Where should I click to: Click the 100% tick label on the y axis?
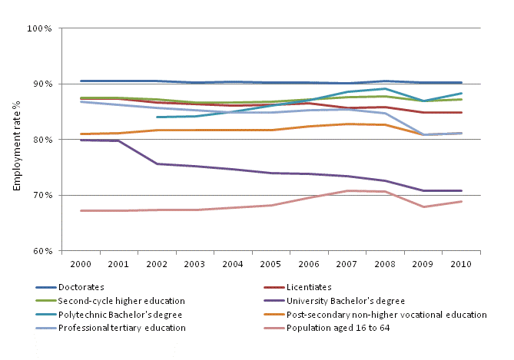click(x=38, y=28)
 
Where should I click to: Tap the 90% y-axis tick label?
click(x=41, y=84)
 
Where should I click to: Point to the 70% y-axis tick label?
click(x=41, y=195)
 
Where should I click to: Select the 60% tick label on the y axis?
click(x=41, y=251)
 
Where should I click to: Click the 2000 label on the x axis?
click(x=81, y=263)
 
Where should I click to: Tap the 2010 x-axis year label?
click(x=459, y=263)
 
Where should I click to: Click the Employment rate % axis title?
click(x=15, y=139)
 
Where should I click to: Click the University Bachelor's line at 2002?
click(x=157, y=163)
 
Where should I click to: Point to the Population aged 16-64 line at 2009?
click(x=422, y=206)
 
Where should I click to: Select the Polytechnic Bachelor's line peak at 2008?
click(x=384, y=89)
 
